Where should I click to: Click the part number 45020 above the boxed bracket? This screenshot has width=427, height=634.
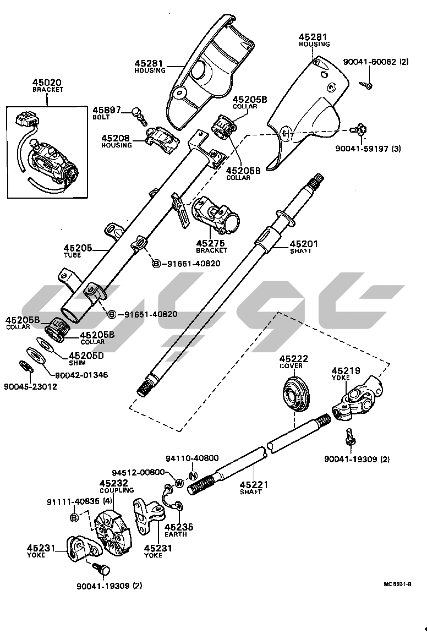pyautogui.click(x=47, y=83)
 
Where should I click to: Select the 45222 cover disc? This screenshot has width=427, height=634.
pyautogui.click(x=297, y=393)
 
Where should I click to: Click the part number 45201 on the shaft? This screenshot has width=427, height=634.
pyautogui.click(x=304, y=243)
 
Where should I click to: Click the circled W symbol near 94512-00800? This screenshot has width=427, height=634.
pyautogui.click(x=179, y=483)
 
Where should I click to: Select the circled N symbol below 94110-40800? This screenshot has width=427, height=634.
pyautogui.click(x=193, y=475)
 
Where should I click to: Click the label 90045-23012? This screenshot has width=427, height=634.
pyautogui.click(x=30, y=386)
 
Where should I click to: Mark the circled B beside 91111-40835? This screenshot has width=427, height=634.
pyautogui.click(x=74, y=518)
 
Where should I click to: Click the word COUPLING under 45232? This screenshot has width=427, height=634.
pyautogui.click(x=117, y=490)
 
